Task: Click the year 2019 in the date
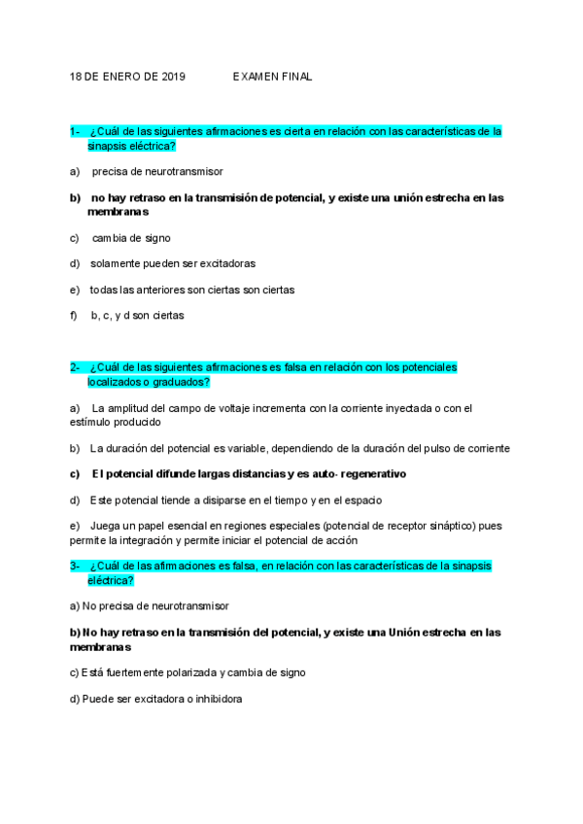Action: point(171,76)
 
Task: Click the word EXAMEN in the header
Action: point(255,76)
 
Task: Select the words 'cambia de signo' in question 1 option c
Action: point(133,237)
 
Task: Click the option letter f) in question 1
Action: point(74,315)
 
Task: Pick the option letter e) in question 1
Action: point(74,290)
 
